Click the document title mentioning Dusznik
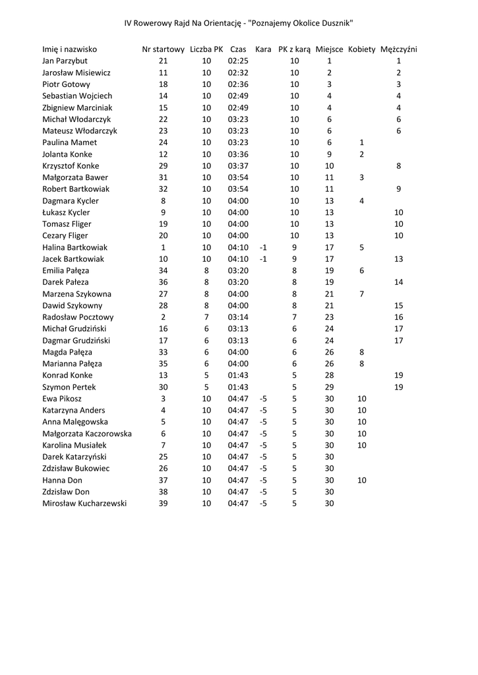[239, 23]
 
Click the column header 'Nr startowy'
[164, 49]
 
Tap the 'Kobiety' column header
[361, 49]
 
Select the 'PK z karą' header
[294, 49]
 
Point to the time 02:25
[238, 61]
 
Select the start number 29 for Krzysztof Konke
[164, 166]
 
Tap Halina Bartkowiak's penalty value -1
[263, 247]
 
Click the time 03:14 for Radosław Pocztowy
[238, 317]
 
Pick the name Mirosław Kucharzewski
[84, 504]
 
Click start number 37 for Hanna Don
[164, 481]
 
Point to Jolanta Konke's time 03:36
[238, 154]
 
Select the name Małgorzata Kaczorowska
[87, 434]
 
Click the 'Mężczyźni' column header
[399, 49]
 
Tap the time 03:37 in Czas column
[238, 166]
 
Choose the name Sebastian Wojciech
[77, 96]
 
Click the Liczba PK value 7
[206, 317]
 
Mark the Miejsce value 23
[329, 317]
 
